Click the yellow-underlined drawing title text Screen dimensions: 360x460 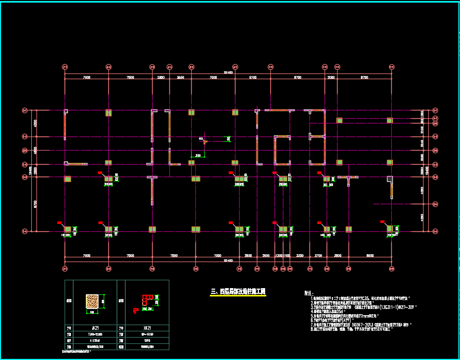click(237, 291)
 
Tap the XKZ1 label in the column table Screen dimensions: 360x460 click(147, 328)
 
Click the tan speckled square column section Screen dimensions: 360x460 click(92, 302)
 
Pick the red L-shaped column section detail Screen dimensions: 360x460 click(146, 301)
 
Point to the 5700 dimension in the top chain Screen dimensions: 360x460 click(253, 77)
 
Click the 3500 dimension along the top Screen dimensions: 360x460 click(180, 77)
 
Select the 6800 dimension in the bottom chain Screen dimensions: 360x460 click(370, 256)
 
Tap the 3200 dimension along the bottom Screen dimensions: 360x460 click(300, 256)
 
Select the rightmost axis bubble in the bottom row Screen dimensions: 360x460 click(391, 269)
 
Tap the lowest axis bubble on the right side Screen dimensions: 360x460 click(436, 231)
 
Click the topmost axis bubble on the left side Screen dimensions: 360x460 click(24, 110)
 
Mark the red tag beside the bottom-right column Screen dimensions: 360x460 click(383, 222)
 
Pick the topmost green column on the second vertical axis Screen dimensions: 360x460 click(108, 113)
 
